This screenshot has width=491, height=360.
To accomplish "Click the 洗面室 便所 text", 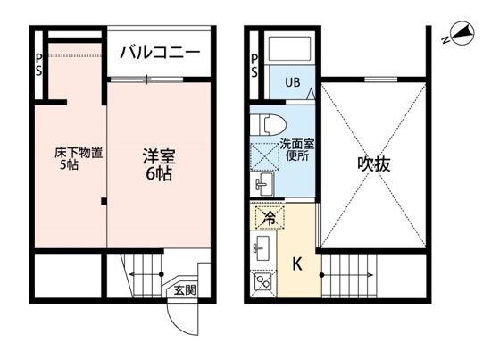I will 295,149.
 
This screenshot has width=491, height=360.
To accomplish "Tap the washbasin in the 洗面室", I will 263,185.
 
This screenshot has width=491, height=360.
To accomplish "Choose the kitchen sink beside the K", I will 263,247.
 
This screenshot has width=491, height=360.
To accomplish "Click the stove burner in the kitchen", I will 263,281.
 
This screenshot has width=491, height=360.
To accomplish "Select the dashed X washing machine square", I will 267,154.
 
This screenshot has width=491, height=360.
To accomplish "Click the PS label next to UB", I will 255,66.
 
